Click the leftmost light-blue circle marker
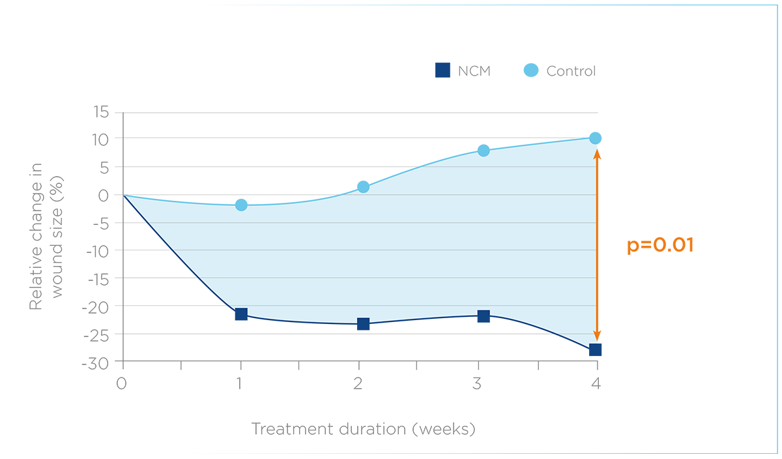click(241, 204)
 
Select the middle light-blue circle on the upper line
click(364, 184)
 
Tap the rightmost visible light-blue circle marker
click(483, 149)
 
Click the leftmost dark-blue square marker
click(240, 317)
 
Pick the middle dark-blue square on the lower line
click(363, 324)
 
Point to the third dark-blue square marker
click(483, 318)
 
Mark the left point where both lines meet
click(124, 196)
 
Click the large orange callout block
click(652, 241)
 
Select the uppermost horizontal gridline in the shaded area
click(521, 167)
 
